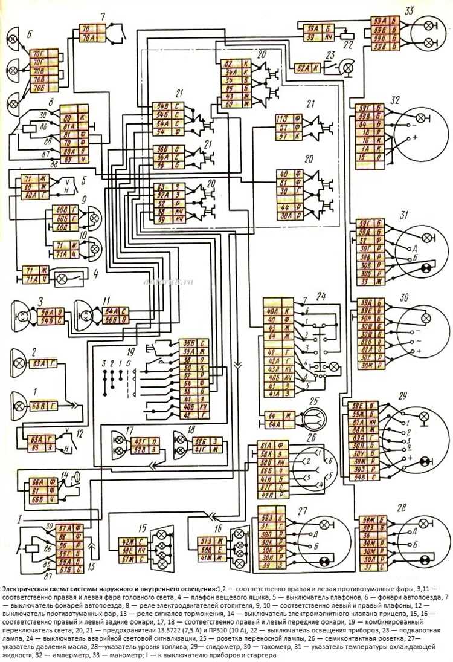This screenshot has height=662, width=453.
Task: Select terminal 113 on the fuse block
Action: (x=281, y=118)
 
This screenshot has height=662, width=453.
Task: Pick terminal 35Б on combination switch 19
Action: (x=187, y=342)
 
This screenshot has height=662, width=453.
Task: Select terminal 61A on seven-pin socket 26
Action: (x=264, y=446)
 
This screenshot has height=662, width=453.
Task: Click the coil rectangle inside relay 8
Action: (x=28, y=128)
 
